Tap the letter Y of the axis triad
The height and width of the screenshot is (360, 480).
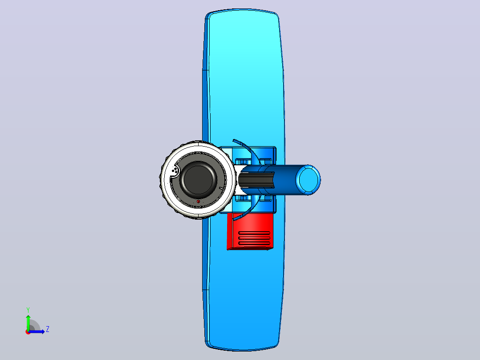(28, 310)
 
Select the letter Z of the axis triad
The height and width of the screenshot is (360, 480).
(48, 329)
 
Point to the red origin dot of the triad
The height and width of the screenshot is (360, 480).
(28, 332)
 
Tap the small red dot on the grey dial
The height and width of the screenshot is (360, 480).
(199, 201)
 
